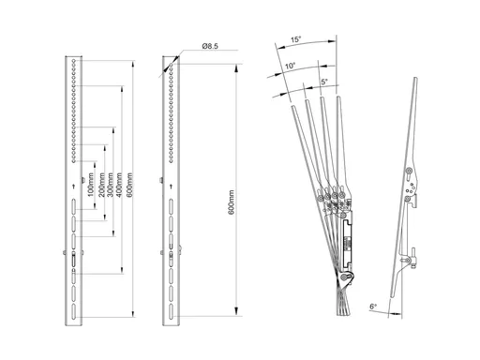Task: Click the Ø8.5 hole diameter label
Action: pyautogui.click(x=210, y=46)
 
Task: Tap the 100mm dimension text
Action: pyautogui.click(x=91, y=185)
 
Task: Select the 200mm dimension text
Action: pyautogui.click(x=102, y=185)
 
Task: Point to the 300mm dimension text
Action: pyautogui.click(x=110, y=185)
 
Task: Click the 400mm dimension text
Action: pyautogui.click(x=119, y=185)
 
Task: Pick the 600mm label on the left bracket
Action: pyautogui.click(x=129, y=185)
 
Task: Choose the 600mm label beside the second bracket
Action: pyautogui.click(x=232, y=202)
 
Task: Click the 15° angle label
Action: pyautogui.click(x=296, y=39)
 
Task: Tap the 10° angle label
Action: pyautogui.click(x=290, y=66)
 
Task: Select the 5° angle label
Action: pyautogui.click(x=324, y=82)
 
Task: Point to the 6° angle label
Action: pyautogui.click(x=373, y=307)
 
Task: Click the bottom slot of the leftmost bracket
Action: pyautogui.click(x=74, y=311)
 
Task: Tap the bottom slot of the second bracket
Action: pyautogui.click(x=172, y=311)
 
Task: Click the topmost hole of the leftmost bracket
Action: pyautogui.click(x=74, y=60)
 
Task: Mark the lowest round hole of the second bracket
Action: pyautogui.click(x=171, y=161)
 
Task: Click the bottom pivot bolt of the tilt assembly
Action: pyautogui.click(x=345, y=277)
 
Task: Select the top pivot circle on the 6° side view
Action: pyautogui.click(x=409, y=171)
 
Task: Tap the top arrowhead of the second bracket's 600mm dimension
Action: pyautogui.click(x=236, y=68)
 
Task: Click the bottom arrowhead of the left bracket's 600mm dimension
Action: pyautogui.click(x=133, y=313)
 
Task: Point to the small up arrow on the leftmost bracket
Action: pyautogui.click(x=74, y=187)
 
